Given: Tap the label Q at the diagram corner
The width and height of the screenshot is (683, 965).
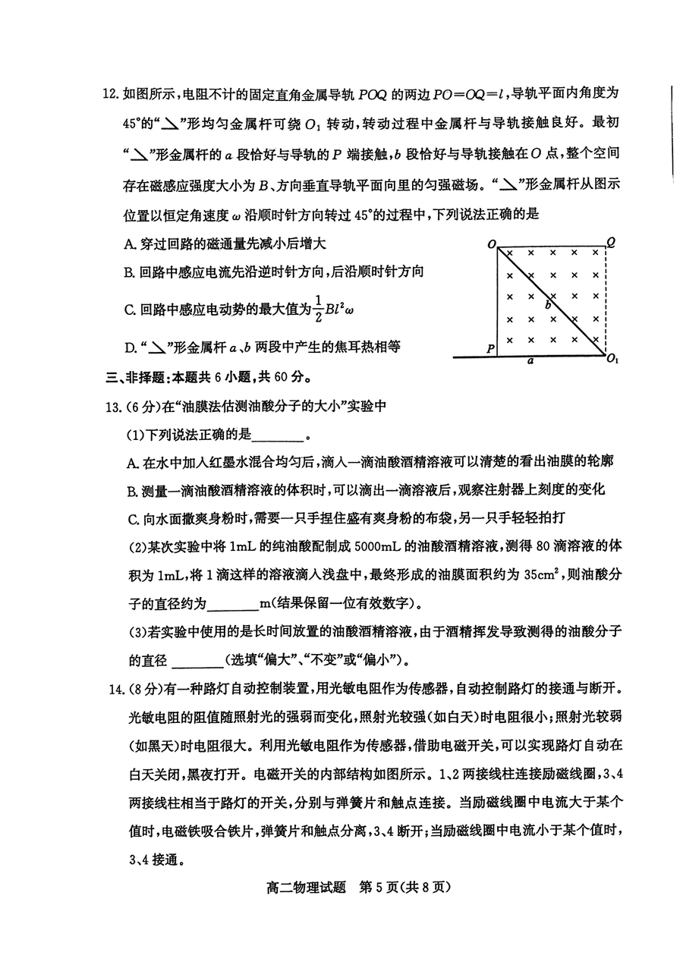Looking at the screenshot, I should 611,243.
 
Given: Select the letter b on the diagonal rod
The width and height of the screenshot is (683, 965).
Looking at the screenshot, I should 548,304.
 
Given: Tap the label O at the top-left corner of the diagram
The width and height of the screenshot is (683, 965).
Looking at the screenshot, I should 493,244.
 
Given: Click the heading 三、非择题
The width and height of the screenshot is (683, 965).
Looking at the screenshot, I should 131,376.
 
